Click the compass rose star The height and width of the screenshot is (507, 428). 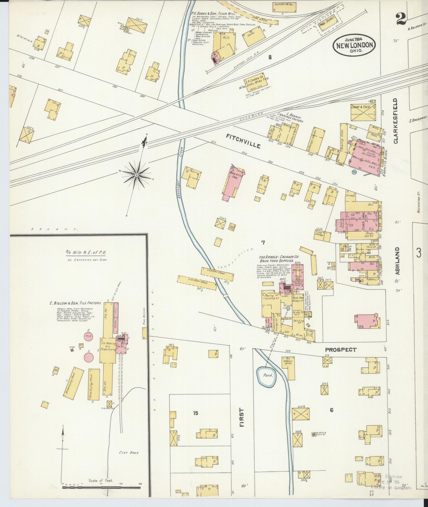coord(136,175)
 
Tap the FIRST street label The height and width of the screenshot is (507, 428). coord(242,417)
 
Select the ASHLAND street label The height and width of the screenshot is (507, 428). coord(397,265)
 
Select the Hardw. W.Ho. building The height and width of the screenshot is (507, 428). coord(287,368)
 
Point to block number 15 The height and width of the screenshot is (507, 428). coord(195,413)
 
